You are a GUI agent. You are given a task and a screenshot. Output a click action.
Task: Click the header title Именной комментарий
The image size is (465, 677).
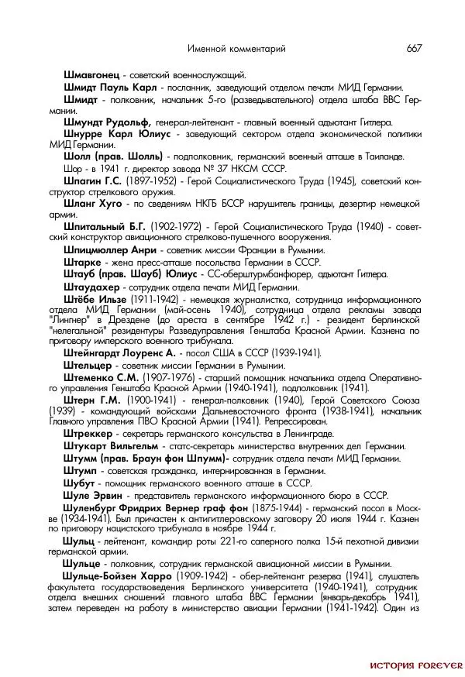pos(236,49)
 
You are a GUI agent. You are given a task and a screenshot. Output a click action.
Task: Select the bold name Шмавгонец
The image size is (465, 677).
pos(91,75)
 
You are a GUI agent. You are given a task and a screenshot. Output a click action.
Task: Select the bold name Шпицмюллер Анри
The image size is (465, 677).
pos(111,250)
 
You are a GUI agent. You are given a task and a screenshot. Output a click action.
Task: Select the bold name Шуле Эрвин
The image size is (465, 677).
pos(92,495)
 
